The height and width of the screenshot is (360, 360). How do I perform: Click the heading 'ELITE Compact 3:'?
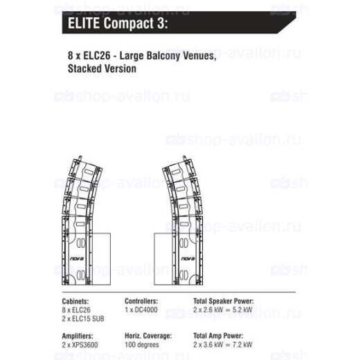(118, 24)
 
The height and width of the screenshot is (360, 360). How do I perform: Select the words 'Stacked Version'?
(102, 69)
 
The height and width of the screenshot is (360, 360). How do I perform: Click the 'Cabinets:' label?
(75, 301)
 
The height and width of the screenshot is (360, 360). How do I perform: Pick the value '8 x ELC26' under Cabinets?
(76, 310)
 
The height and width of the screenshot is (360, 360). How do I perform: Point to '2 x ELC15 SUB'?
(83, 318)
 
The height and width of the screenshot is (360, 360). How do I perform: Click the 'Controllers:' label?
(141, 301)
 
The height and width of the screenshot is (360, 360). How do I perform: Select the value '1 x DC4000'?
(141, 309)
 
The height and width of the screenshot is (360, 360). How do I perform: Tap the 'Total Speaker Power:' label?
(224, 301)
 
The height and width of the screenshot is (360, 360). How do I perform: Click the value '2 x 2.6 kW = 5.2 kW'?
(223, 309)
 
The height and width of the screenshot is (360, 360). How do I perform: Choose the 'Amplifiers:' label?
(78, 336)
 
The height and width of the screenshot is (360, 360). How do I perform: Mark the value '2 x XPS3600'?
(80, 345)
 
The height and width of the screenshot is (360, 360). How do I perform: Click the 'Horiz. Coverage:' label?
(148, 336)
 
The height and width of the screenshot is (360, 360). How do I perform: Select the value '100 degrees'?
(142, 345)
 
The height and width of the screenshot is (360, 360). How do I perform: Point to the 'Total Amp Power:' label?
(218, 336)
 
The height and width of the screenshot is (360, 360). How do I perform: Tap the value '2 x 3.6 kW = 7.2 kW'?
(223, 345)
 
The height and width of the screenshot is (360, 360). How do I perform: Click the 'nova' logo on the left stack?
(77, 259)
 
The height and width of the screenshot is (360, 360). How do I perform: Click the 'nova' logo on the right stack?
(188, 259)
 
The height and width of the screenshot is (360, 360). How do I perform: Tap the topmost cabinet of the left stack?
(86, 170)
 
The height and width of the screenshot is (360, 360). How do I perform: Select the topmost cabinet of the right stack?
(179, 170)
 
